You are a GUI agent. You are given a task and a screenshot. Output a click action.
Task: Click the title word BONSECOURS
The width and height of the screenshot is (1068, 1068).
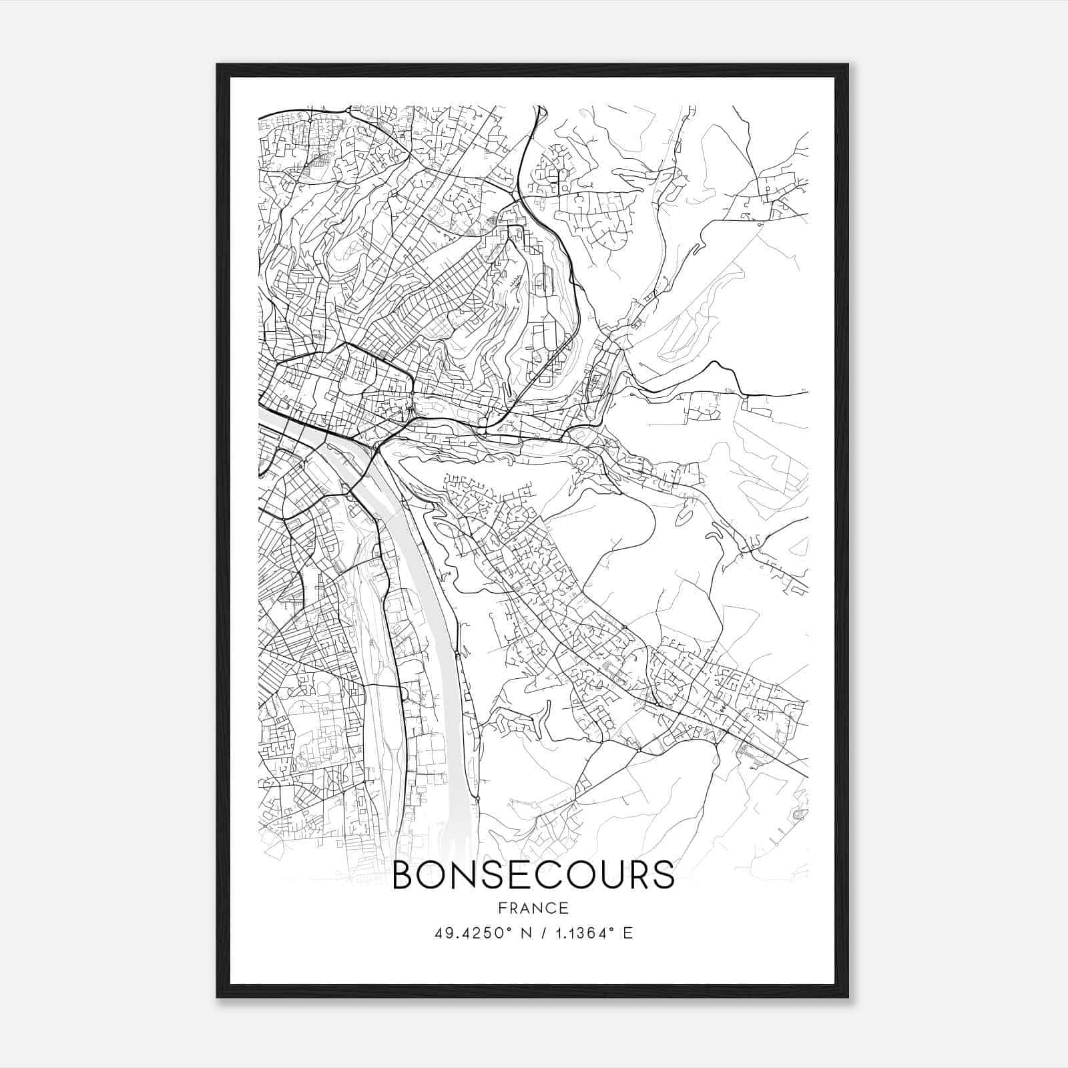(x=533, y=875)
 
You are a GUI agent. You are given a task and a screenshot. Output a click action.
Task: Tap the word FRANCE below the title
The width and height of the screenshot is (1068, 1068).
(x=533, y=908)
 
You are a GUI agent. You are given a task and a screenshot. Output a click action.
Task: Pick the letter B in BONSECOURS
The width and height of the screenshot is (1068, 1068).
(x=404, y=875)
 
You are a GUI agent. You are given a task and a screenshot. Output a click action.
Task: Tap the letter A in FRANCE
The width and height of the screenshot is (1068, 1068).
(x=527, y=908)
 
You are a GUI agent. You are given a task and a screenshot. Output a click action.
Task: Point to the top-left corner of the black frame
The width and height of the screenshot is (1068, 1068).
(x=218, y=65)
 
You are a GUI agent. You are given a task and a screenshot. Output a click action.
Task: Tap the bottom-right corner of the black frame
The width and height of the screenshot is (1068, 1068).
(x=848, y=997)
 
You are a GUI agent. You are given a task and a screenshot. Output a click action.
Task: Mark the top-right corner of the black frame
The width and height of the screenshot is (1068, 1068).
(x=848, y=65)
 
